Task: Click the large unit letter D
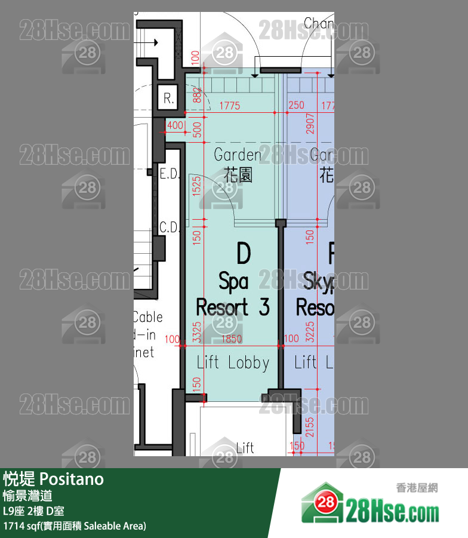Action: click(243, 254)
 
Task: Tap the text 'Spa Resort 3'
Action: click(233, 294)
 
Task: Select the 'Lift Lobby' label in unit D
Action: click(233, 362)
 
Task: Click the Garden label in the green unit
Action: click(238, 155)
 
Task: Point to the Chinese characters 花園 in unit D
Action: click(238, 175)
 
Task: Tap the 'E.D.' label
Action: click(170, 174)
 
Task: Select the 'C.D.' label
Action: click(170, 228)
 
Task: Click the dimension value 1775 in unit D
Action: click(230, 106)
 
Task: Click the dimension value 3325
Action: click(198, 332)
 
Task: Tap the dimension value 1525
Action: click(196, 187)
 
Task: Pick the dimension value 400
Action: click(175, 125)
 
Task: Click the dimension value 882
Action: click(198, 96)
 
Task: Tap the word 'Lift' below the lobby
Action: click(245, 447)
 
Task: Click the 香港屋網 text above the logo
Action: click(417, 488)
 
